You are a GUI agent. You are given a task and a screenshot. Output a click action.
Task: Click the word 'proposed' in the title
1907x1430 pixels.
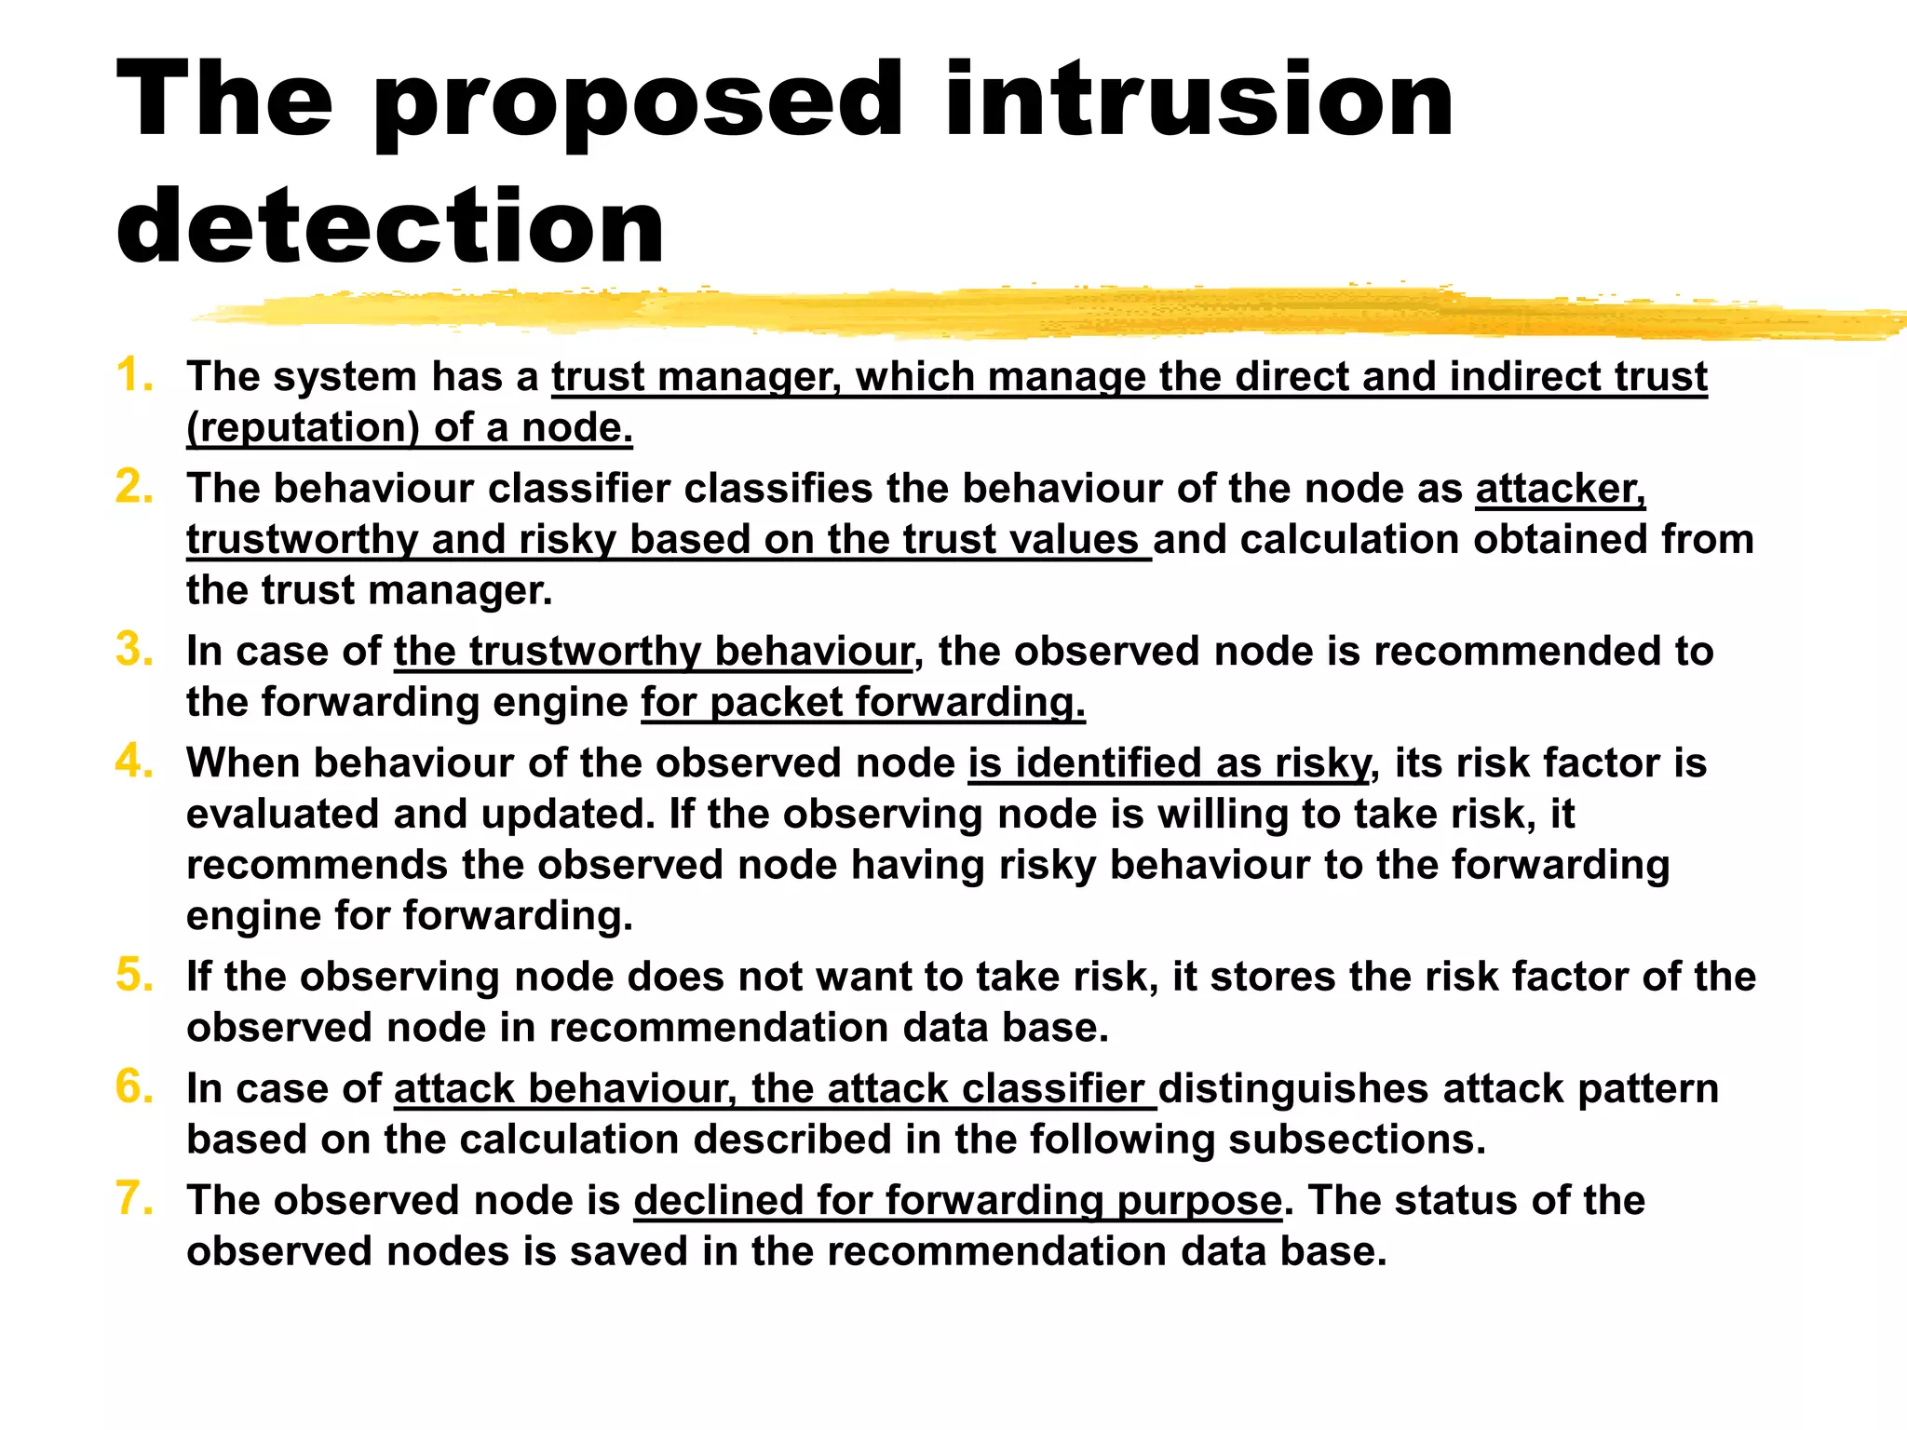pos(638,102)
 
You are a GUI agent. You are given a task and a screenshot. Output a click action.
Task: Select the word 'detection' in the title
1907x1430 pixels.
pos(390,225)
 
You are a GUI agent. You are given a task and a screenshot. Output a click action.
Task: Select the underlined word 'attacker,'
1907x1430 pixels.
pos(1560,489)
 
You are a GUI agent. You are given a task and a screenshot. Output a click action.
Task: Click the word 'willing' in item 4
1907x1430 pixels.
pos(1222,815)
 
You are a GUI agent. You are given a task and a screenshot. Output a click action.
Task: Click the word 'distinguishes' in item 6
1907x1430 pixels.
pos(1293,1089)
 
